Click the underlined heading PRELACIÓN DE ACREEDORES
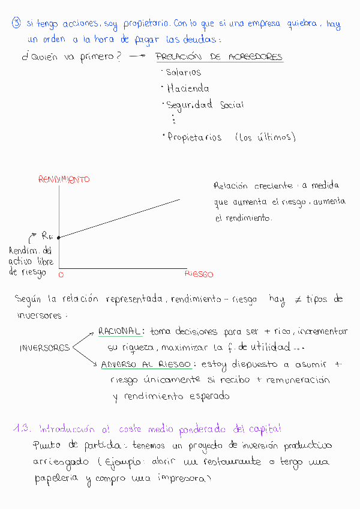[x=218, y=58]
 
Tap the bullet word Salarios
[x=183, y=73]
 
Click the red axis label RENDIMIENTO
[x=64, y=179]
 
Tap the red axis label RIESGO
[x=199, y=274]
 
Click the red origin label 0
[x=61, y=274]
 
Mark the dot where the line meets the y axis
[x=59, y=238]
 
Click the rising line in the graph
[x=120, y=218]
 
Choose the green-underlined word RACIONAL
[x=120, y=331]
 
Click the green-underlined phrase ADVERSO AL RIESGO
[x=146, y=364]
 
